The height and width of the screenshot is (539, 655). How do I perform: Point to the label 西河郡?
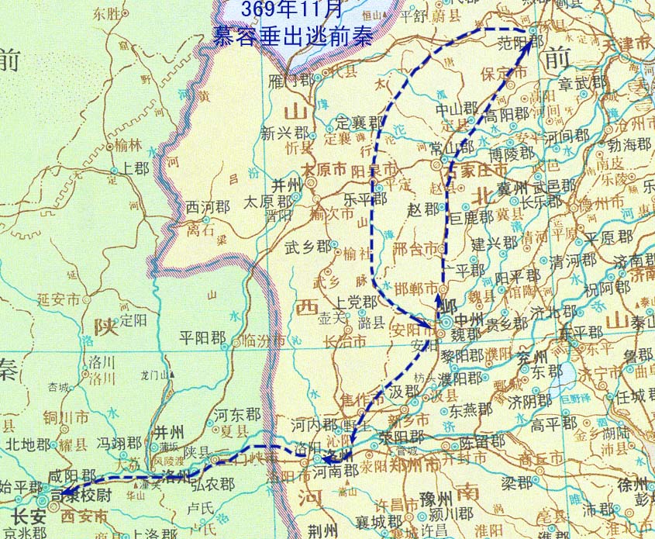click(x=208, y=208)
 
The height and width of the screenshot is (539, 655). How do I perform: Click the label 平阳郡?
click(x=202, y=338)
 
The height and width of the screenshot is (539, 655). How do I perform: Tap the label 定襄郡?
click(x=359, y=123)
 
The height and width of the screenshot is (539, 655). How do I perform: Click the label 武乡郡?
click(x=309, y=246)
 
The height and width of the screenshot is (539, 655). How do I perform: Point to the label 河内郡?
click(x=314, y=425)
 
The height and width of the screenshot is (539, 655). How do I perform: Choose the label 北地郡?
click(x=27, y=444)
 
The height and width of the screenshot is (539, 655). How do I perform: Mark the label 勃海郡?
click(x=630, y=144)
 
